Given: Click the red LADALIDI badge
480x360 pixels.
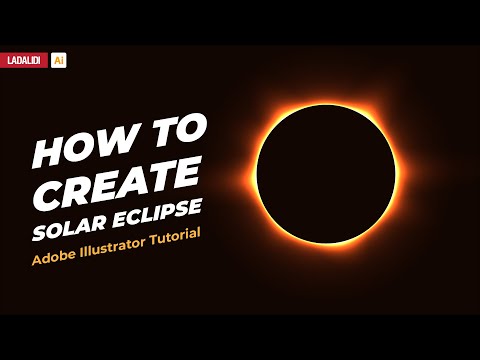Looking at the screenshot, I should pyautogui.click(x=25, y=60).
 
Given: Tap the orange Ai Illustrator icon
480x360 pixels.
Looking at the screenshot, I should pyautogui.click(x=59, y=60).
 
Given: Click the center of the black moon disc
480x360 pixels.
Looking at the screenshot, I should pyautogui.click(x=325, y=172).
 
